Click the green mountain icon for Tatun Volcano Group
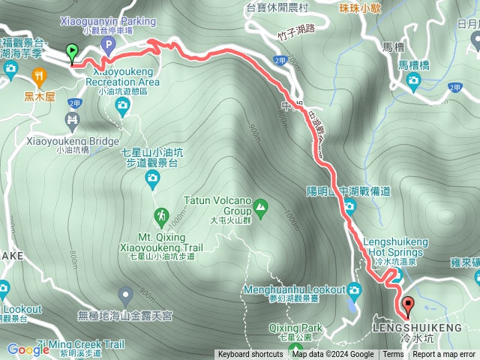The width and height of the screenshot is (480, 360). (x=260, y=205)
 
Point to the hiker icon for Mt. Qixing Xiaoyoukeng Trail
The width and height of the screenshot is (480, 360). (x=161, y=218)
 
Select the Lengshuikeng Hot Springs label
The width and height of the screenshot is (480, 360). (x=395, y=247)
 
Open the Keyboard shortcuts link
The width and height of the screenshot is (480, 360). (x=250, y=355)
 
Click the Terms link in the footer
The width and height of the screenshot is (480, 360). (x=393, y=355)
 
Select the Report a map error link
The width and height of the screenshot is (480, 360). (x=444, y=355)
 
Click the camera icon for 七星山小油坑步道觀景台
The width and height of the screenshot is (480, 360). (x=152, y=178)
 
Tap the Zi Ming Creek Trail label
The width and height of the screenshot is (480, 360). (x=79, y=344)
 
